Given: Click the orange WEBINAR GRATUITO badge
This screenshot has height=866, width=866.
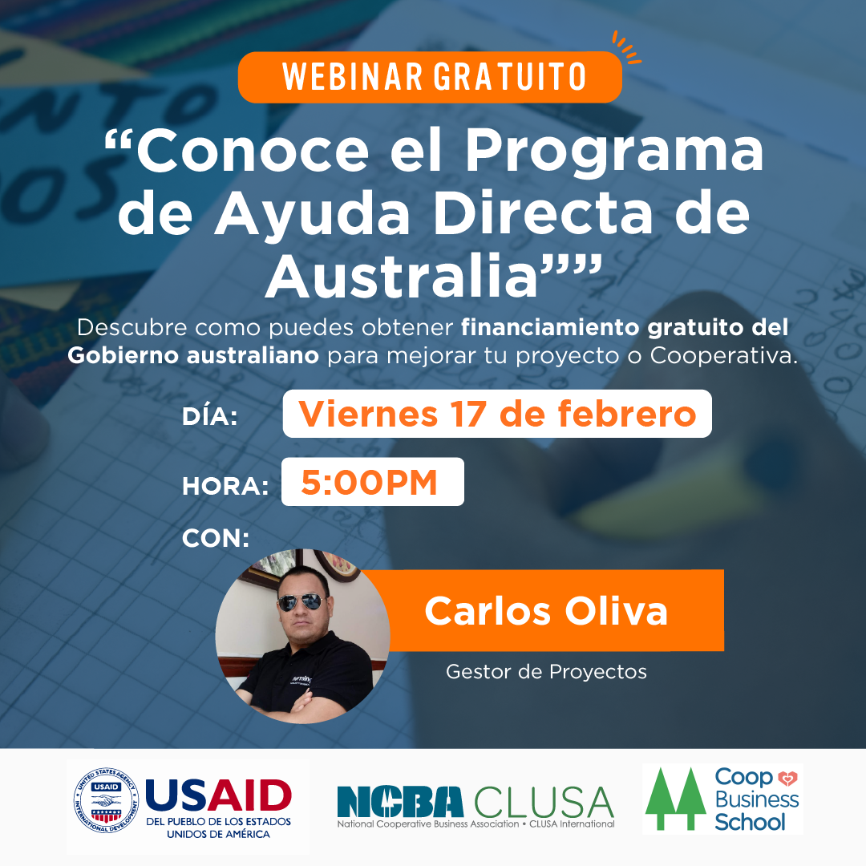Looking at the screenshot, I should [430, 77].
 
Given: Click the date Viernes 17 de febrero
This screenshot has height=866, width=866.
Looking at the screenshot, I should [497, 414].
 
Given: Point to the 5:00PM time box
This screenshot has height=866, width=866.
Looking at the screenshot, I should [372, 482].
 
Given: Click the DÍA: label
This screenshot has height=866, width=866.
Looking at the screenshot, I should [210, 417].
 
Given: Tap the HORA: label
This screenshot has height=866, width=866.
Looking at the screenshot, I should [225, 486].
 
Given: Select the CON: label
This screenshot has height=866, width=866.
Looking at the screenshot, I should [216, 538].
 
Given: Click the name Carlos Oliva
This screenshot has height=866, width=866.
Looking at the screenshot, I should [546, 611].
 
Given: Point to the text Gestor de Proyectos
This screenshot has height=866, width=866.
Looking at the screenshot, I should [546, 671].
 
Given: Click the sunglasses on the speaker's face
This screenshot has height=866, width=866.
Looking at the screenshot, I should [300, 602].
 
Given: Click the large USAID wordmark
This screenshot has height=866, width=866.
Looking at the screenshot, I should [218, 796].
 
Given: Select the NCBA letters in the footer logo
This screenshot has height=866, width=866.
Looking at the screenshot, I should [400, 801].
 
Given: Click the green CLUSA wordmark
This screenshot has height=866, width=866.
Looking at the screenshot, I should [544, 801].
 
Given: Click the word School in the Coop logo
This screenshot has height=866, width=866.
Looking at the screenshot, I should [750, 821].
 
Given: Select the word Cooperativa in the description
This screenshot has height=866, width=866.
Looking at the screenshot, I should [724, 355].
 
